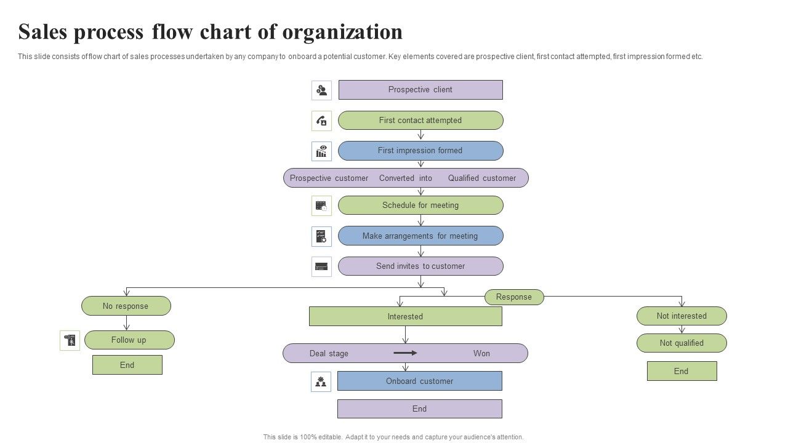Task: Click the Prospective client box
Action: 420,90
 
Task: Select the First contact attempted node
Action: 420,121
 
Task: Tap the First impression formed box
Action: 420,151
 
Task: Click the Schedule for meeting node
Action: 420,206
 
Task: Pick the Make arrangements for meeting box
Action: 420,236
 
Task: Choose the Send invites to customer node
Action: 420,266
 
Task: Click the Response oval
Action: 514,297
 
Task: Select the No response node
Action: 126,306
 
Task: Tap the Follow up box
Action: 129,340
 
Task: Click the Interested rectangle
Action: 405,317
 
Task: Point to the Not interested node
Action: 681,316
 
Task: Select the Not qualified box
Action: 681,343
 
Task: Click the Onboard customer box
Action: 419,381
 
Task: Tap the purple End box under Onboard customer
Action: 419,409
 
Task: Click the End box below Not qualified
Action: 681,372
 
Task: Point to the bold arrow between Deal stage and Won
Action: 405,353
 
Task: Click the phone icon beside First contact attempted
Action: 321,121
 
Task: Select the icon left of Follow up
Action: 70,340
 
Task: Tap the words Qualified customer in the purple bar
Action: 482,178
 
